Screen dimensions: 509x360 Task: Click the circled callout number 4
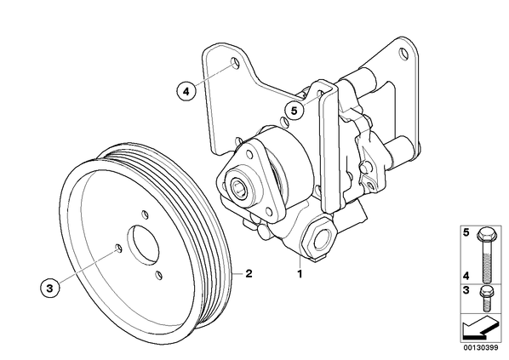(186, 92)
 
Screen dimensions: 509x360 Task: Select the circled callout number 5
(295, 111)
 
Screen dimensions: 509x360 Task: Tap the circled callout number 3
(49, 288)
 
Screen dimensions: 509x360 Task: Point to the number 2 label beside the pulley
(249, 273)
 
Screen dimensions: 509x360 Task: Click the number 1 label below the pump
(300, 274)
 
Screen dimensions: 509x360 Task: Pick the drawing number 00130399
(480, 348)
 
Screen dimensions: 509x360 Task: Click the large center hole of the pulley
(143, 243)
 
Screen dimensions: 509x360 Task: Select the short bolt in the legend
(486, 299)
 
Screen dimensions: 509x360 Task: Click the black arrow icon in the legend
(480, 328)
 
